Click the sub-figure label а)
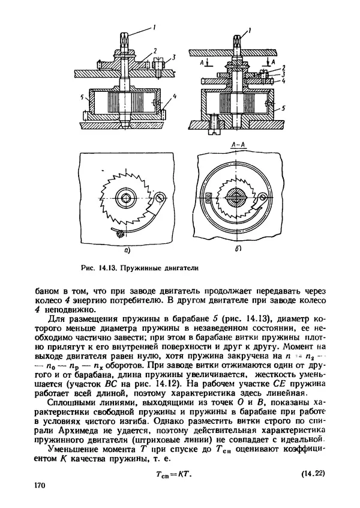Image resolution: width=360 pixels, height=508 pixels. pyautogui.click(x=127, y=250)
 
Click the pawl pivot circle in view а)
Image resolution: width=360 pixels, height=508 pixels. pyautogui.click(x=161, y=197)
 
